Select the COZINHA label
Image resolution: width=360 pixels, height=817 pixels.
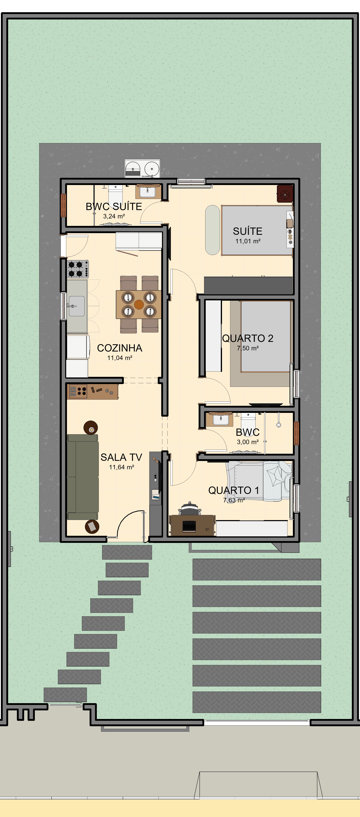coord(120,348)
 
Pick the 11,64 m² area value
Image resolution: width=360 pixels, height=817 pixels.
coord(121,467)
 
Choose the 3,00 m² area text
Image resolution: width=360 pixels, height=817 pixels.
coord(248,442)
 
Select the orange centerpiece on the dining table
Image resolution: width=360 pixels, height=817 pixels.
coord(139,304)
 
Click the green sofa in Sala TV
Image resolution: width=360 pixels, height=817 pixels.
coord(82,477)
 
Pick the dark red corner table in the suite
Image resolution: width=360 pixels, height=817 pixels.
coord(285,193)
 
